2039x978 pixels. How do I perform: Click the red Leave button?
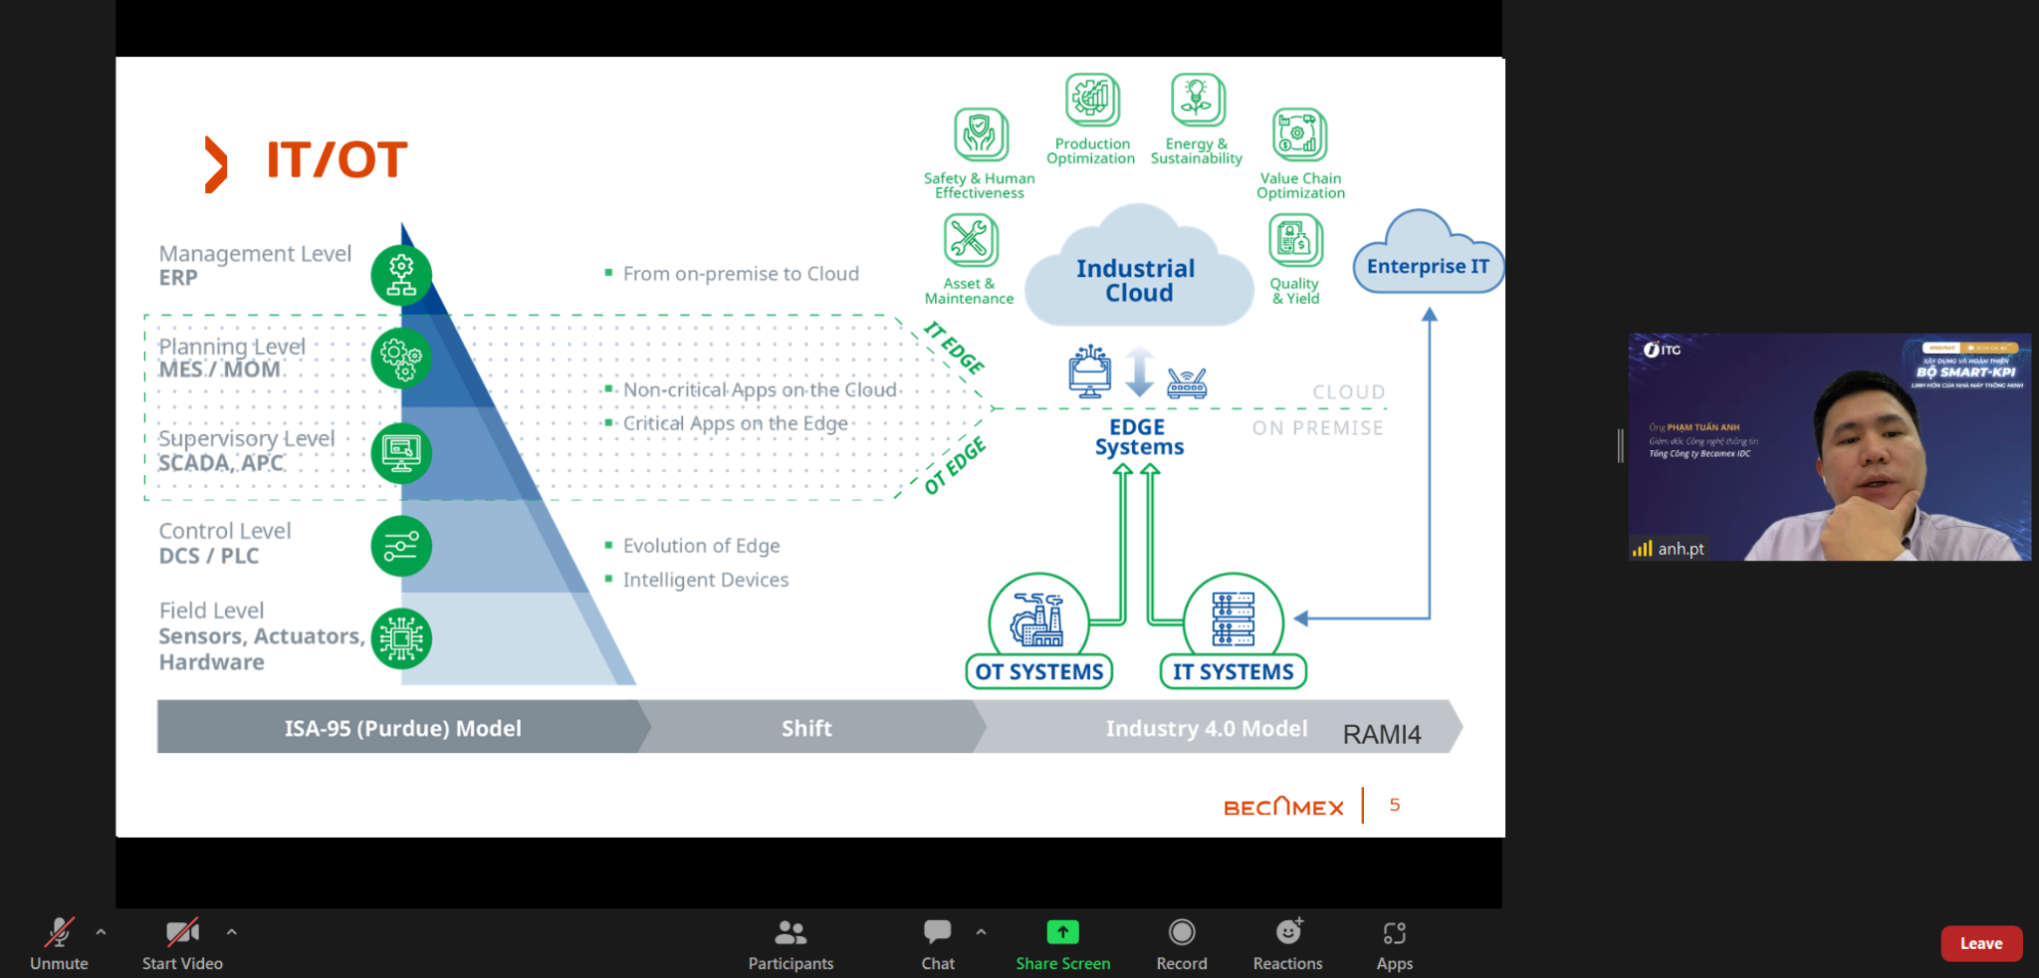(1980, 943)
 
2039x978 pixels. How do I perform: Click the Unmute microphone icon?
(60, 933)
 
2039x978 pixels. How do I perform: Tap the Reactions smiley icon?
(1288, 933)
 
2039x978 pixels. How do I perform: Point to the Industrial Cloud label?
(1137, 281)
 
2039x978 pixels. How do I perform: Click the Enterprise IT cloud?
(1428, 265)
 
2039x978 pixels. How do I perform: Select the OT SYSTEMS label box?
(1039, 672)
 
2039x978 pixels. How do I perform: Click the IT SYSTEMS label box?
(1233, 672)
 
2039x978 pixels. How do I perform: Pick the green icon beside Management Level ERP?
(401, 275)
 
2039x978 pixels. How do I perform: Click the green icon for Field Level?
(401, 638)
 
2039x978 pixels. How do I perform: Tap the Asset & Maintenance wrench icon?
(970, 240)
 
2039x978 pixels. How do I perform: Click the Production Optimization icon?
(1092, 100)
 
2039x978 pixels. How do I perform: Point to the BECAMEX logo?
(1283, 807)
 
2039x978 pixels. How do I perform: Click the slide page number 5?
(1395, 805)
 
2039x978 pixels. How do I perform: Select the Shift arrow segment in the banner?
(806, 728)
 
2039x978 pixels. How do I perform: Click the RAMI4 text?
(1382, 735)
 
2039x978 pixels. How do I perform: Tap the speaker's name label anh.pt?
(1681, 549)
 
